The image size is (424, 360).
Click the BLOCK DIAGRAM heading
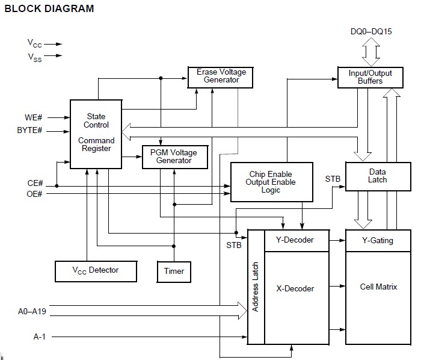coord(49,8)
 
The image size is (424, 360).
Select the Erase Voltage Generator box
coord(220,78)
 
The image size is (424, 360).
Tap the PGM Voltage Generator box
coord(175,157)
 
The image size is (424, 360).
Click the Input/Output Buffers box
coord(370,78)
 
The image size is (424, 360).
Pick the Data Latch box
coord(378,176)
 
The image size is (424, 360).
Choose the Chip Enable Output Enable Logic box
coord(272,182)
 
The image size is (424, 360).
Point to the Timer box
coord(174,272)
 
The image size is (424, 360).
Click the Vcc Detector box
coord(96,272)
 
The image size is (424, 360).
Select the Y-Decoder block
coord(296,241)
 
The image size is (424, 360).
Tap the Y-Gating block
coord(378,241)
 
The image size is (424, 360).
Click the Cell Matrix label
coord(378,287)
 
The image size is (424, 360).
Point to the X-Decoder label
coord(295,288)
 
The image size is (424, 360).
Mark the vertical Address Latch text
coord(255,287)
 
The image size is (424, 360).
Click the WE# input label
coord(34,117)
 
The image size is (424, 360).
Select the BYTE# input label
coord(29,130)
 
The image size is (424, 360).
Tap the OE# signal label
coord(34,194)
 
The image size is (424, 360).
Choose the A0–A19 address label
coord(32,311)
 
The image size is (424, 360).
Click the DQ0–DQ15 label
coord(371,31)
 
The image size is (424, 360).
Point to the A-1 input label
coord(40,337)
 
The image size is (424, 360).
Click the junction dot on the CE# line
coord(57,186)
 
